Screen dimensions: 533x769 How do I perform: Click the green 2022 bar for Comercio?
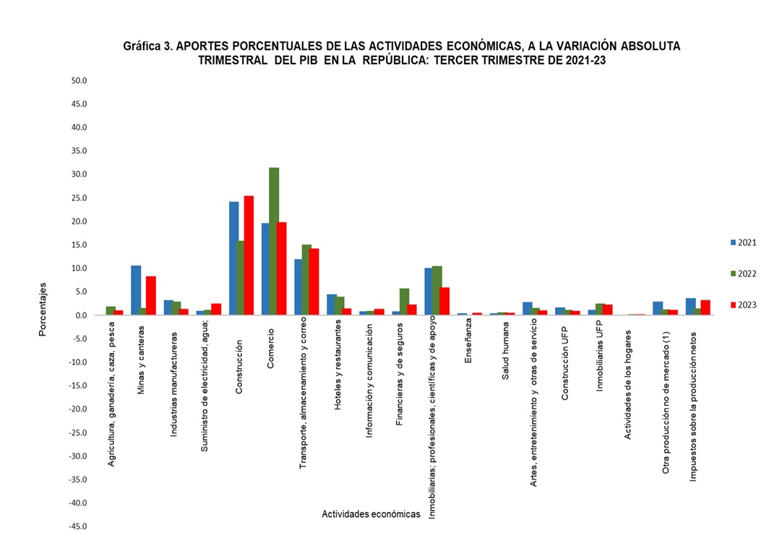click(x=274, y=242)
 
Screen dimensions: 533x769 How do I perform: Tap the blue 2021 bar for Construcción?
click(x=233, y=258)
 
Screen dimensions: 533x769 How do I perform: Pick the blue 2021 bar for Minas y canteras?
click(x=136, y=290)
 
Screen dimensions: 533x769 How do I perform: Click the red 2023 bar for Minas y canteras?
click(x=151, y=295)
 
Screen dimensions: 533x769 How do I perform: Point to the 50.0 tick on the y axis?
click(x=78, y=80)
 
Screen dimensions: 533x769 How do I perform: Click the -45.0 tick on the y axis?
click(x=77, y=526)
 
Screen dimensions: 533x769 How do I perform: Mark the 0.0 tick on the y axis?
click(x=80, y=315)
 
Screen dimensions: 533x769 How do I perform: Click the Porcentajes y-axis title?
click(x=43, y=310)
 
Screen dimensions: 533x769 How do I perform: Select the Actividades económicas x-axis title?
click(x=371, y=513)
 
